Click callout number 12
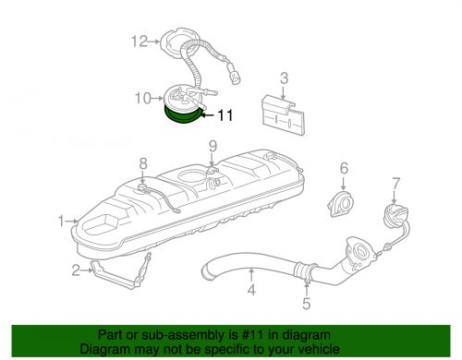[x=139, y=41]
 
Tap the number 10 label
[x=141, y=97]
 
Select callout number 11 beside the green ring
[x=226, y=116]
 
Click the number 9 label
[x=212, y=146]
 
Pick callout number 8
[x=142, y=164]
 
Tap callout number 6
[x=343, y=168]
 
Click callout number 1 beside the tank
[x=61, y=222]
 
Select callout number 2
[x=76, y=270]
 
